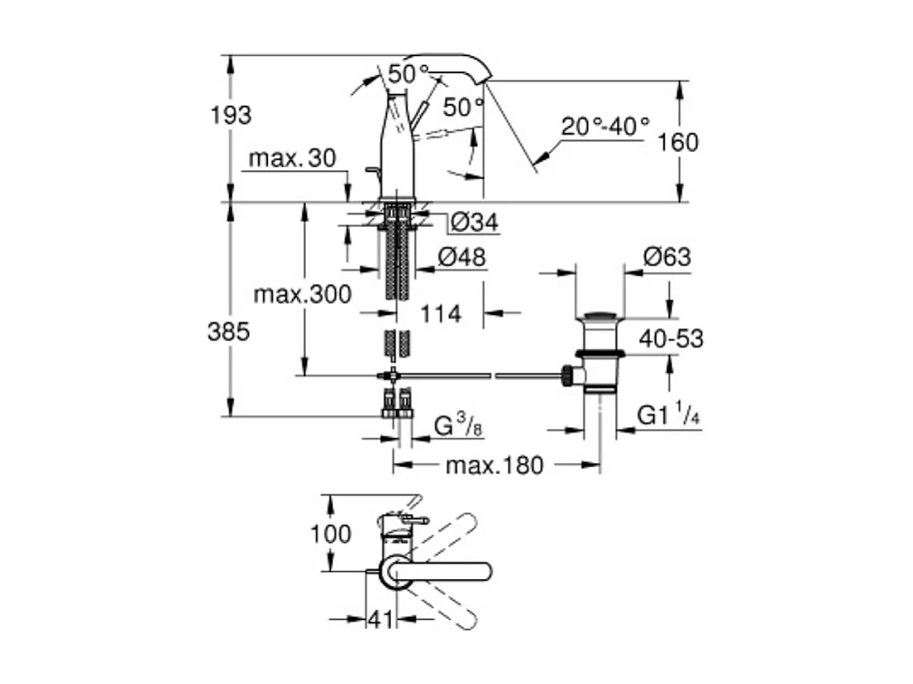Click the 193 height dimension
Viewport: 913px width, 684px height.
[x=231, y=116]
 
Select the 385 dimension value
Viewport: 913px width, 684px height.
[x=230, y=331]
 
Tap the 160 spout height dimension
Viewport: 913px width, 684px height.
[x=679, y=142]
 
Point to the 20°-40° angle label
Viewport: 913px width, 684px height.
[x=604, y=127]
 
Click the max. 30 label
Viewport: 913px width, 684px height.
[x=291, y=159]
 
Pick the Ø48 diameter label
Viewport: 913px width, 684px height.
[x=461, y=258]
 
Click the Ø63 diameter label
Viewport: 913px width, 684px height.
[x=667, y=258]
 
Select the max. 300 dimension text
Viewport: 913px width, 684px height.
[x=302, y=295]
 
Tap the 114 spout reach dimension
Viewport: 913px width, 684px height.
[x=442, y=314]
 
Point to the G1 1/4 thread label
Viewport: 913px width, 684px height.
[x=670, y=415]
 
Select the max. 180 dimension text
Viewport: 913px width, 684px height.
[x=495, y=466]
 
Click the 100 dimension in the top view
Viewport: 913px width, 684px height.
[x=330, y=534]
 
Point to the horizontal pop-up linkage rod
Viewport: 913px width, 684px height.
[x=480, y=374]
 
